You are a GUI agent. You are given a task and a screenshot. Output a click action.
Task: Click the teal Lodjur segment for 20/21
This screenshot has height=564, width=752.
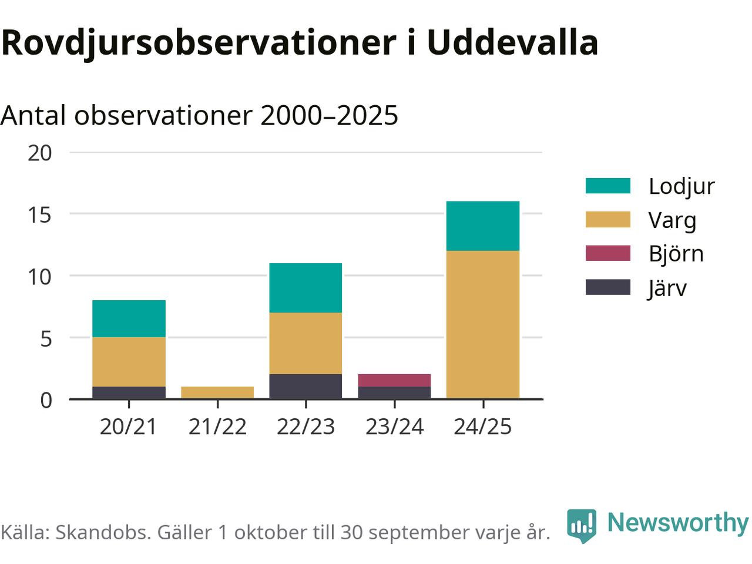129,318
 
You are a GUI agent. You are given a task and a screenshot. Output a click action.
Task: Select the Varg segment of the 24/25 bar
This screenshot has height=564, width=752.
482,325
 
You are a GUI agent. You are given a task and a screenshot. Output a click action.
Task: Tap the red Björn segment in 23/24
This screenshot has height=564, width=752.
394,380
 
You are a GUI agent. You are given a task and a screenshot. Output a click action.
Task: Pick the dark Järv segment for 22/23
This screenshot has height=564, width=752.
305,387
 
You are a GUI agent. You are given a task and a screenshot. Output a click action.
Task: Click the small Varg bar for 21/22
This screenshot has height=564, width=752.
217,392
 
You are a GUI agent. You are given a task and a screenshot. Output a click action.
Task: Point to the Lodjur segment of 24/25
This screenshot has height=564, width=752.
482,226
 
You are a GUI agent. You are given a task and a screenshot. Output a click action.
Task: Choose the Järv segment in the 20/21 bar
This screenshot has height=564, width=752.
129,392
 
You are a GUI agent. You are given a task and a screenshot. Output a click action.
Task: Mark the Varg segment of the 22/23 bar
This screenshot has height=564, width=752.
305,343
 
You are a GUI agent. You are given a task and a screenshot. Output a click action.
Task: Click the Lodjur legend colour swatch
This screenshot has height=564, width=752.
607,186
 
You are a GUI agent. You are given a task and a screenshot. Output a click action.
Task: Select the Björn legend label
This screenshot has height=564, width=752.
676,254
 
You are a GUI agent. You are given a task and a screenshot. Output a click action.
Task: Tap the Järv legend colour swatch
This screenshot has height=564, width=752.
607,287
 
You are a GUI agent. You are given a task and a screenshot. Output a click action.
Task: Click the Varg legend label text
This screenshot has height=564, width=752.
672,220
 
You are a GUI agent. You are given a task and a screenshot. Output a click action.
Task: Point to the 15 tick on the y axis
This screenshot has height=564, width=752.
40,214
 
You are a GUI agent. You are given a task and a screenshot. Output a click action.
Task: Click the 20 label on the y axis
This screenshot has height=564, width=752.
40,153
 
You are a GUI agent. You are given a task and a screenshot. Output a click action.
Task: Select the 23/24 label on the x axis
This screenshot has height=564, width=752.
394,427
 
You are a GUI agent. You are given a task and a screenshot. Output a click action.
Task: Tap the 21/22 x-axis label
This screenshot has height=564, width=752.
217,427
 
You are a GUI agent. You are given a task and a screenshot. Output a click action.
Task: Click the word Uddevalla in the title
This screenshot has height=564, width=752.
512,42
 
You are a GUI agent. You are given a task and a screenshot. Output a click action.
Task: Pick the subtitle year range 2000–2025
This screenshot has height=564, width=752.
329,115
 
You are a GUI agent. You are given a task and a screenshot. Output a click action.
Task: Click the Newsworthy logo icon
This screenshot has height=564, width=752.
581,525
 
